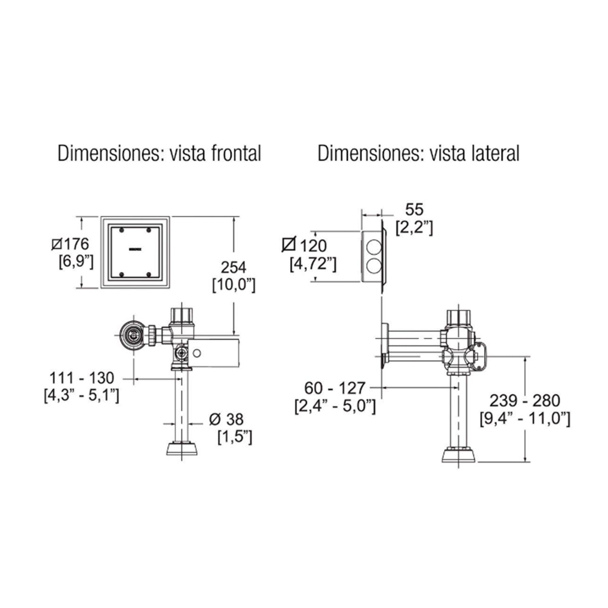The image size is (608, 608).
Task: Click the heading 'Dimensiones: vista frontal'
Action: (159, 154)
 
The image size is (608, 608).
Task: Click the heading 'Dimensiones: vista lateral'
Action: (418, 154)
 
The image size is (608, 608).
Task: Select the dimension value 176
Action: (76, 244)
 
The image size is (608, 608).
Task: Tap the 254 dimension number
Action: (233, 268)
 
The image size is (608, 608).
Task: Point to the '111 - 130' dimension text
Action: (82, 378)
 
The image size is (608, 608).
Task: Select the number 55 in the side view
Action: (414, 210)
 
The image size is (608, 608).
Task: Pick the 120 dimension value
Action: (313, 246)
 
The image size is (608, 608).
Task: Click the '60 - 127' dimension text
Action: (335, 388)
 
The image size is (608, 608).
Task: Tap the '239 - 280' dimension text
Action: (525, 400)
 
